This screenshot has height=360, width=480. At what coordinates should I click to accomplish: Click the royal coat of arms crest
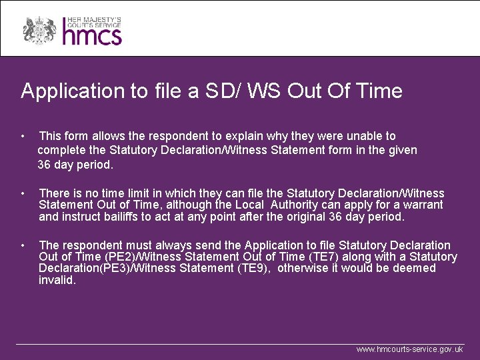click(39, 29)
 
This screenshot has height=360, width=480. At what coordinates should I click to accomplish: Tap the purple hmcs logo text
click(92, 33)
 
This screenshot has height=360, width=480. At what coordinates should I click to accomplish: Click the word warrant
click(423, 205)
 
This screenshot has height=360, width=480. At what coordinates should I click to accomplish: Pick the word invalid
click(57, 281)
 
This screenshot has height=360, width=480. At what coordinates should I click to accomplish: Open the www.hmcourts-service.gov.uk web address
click(409, 349)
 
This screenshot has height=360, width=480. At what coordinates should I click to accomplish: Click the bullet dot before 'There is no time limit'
click(23, 193)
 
